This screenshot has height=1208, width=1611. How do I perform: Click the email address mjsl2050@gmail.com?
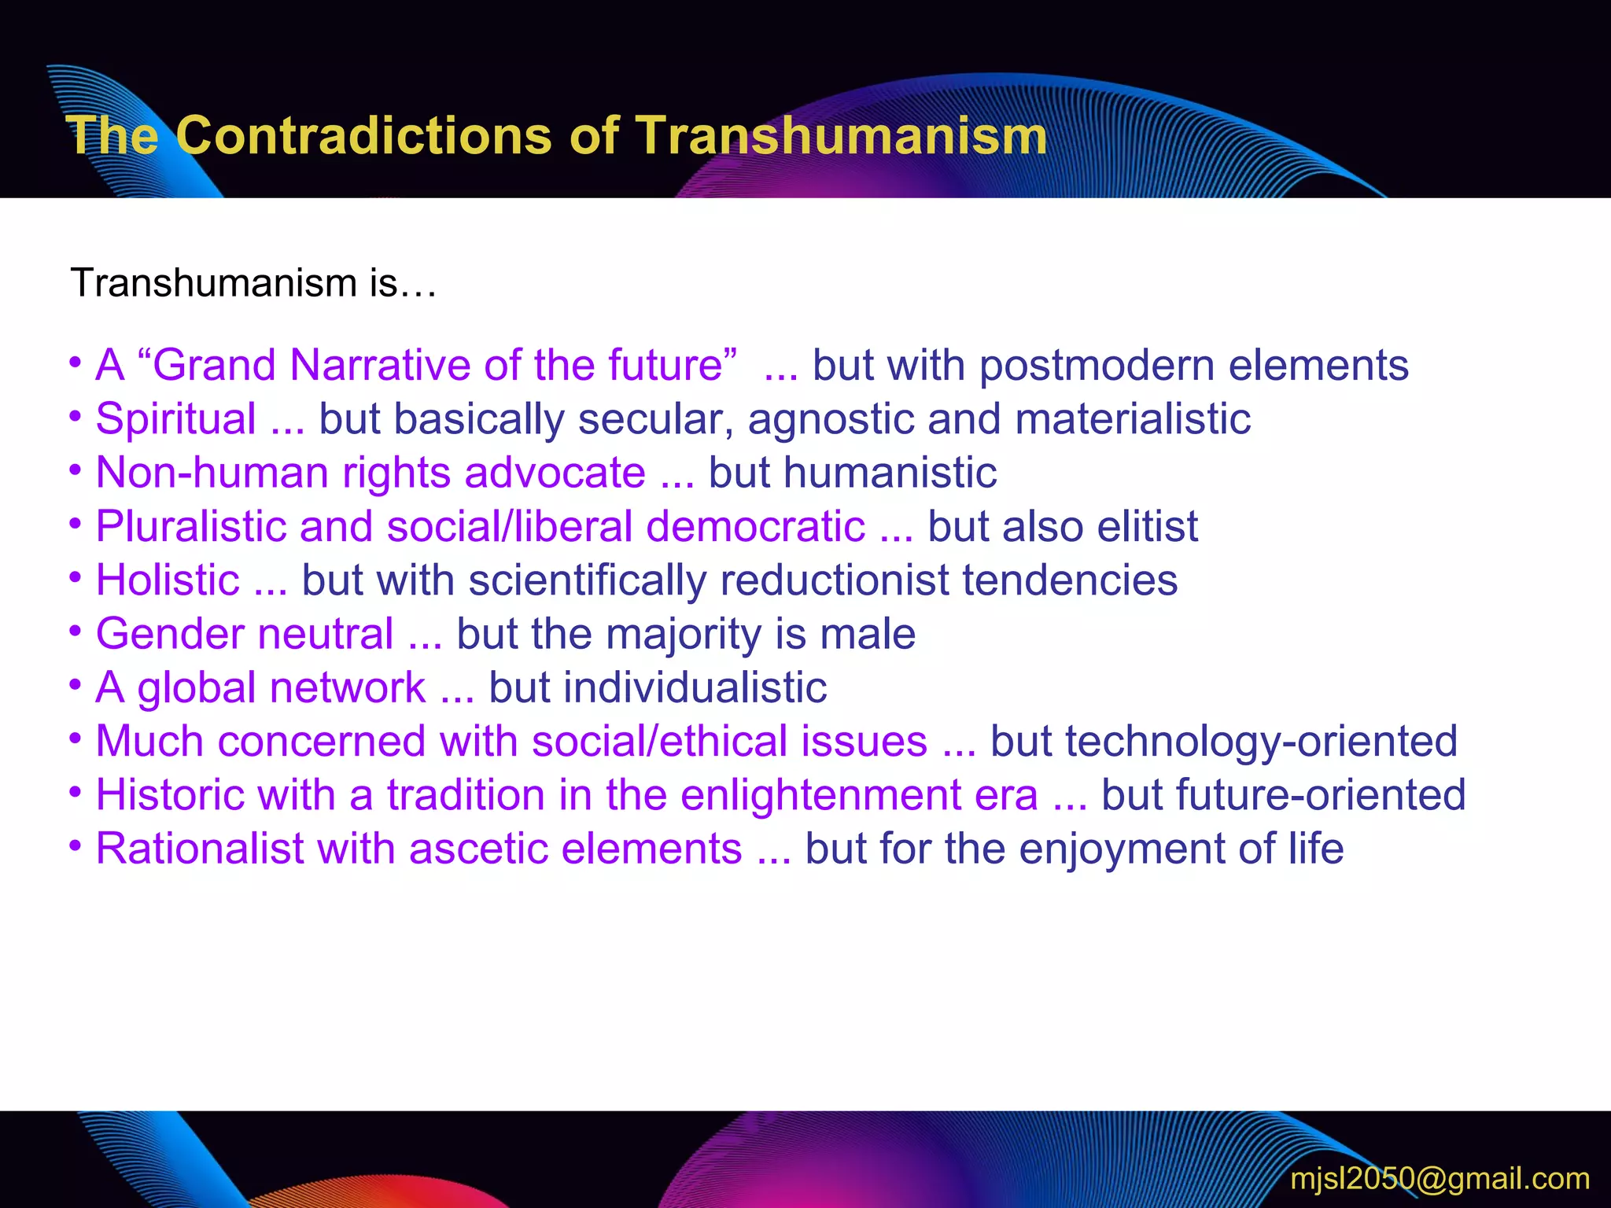(x=1440, y=1178)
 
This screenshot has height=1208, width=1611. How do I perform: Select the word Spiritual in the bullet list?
(x=175, y=419)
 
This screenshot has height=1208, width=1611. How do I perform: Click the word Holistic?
(x=168, y=580)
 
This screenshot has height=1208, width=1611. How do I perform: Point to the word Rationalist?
(x=200, y=849)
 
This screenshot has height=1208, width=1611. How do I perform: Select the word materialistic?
(x=1133, y=419)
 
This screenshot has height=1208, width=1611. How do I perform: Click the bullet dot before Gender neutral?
(x=76, y=631)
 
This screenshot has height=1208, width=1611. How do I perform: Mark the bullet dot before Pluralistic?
(x=76, y=523)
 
